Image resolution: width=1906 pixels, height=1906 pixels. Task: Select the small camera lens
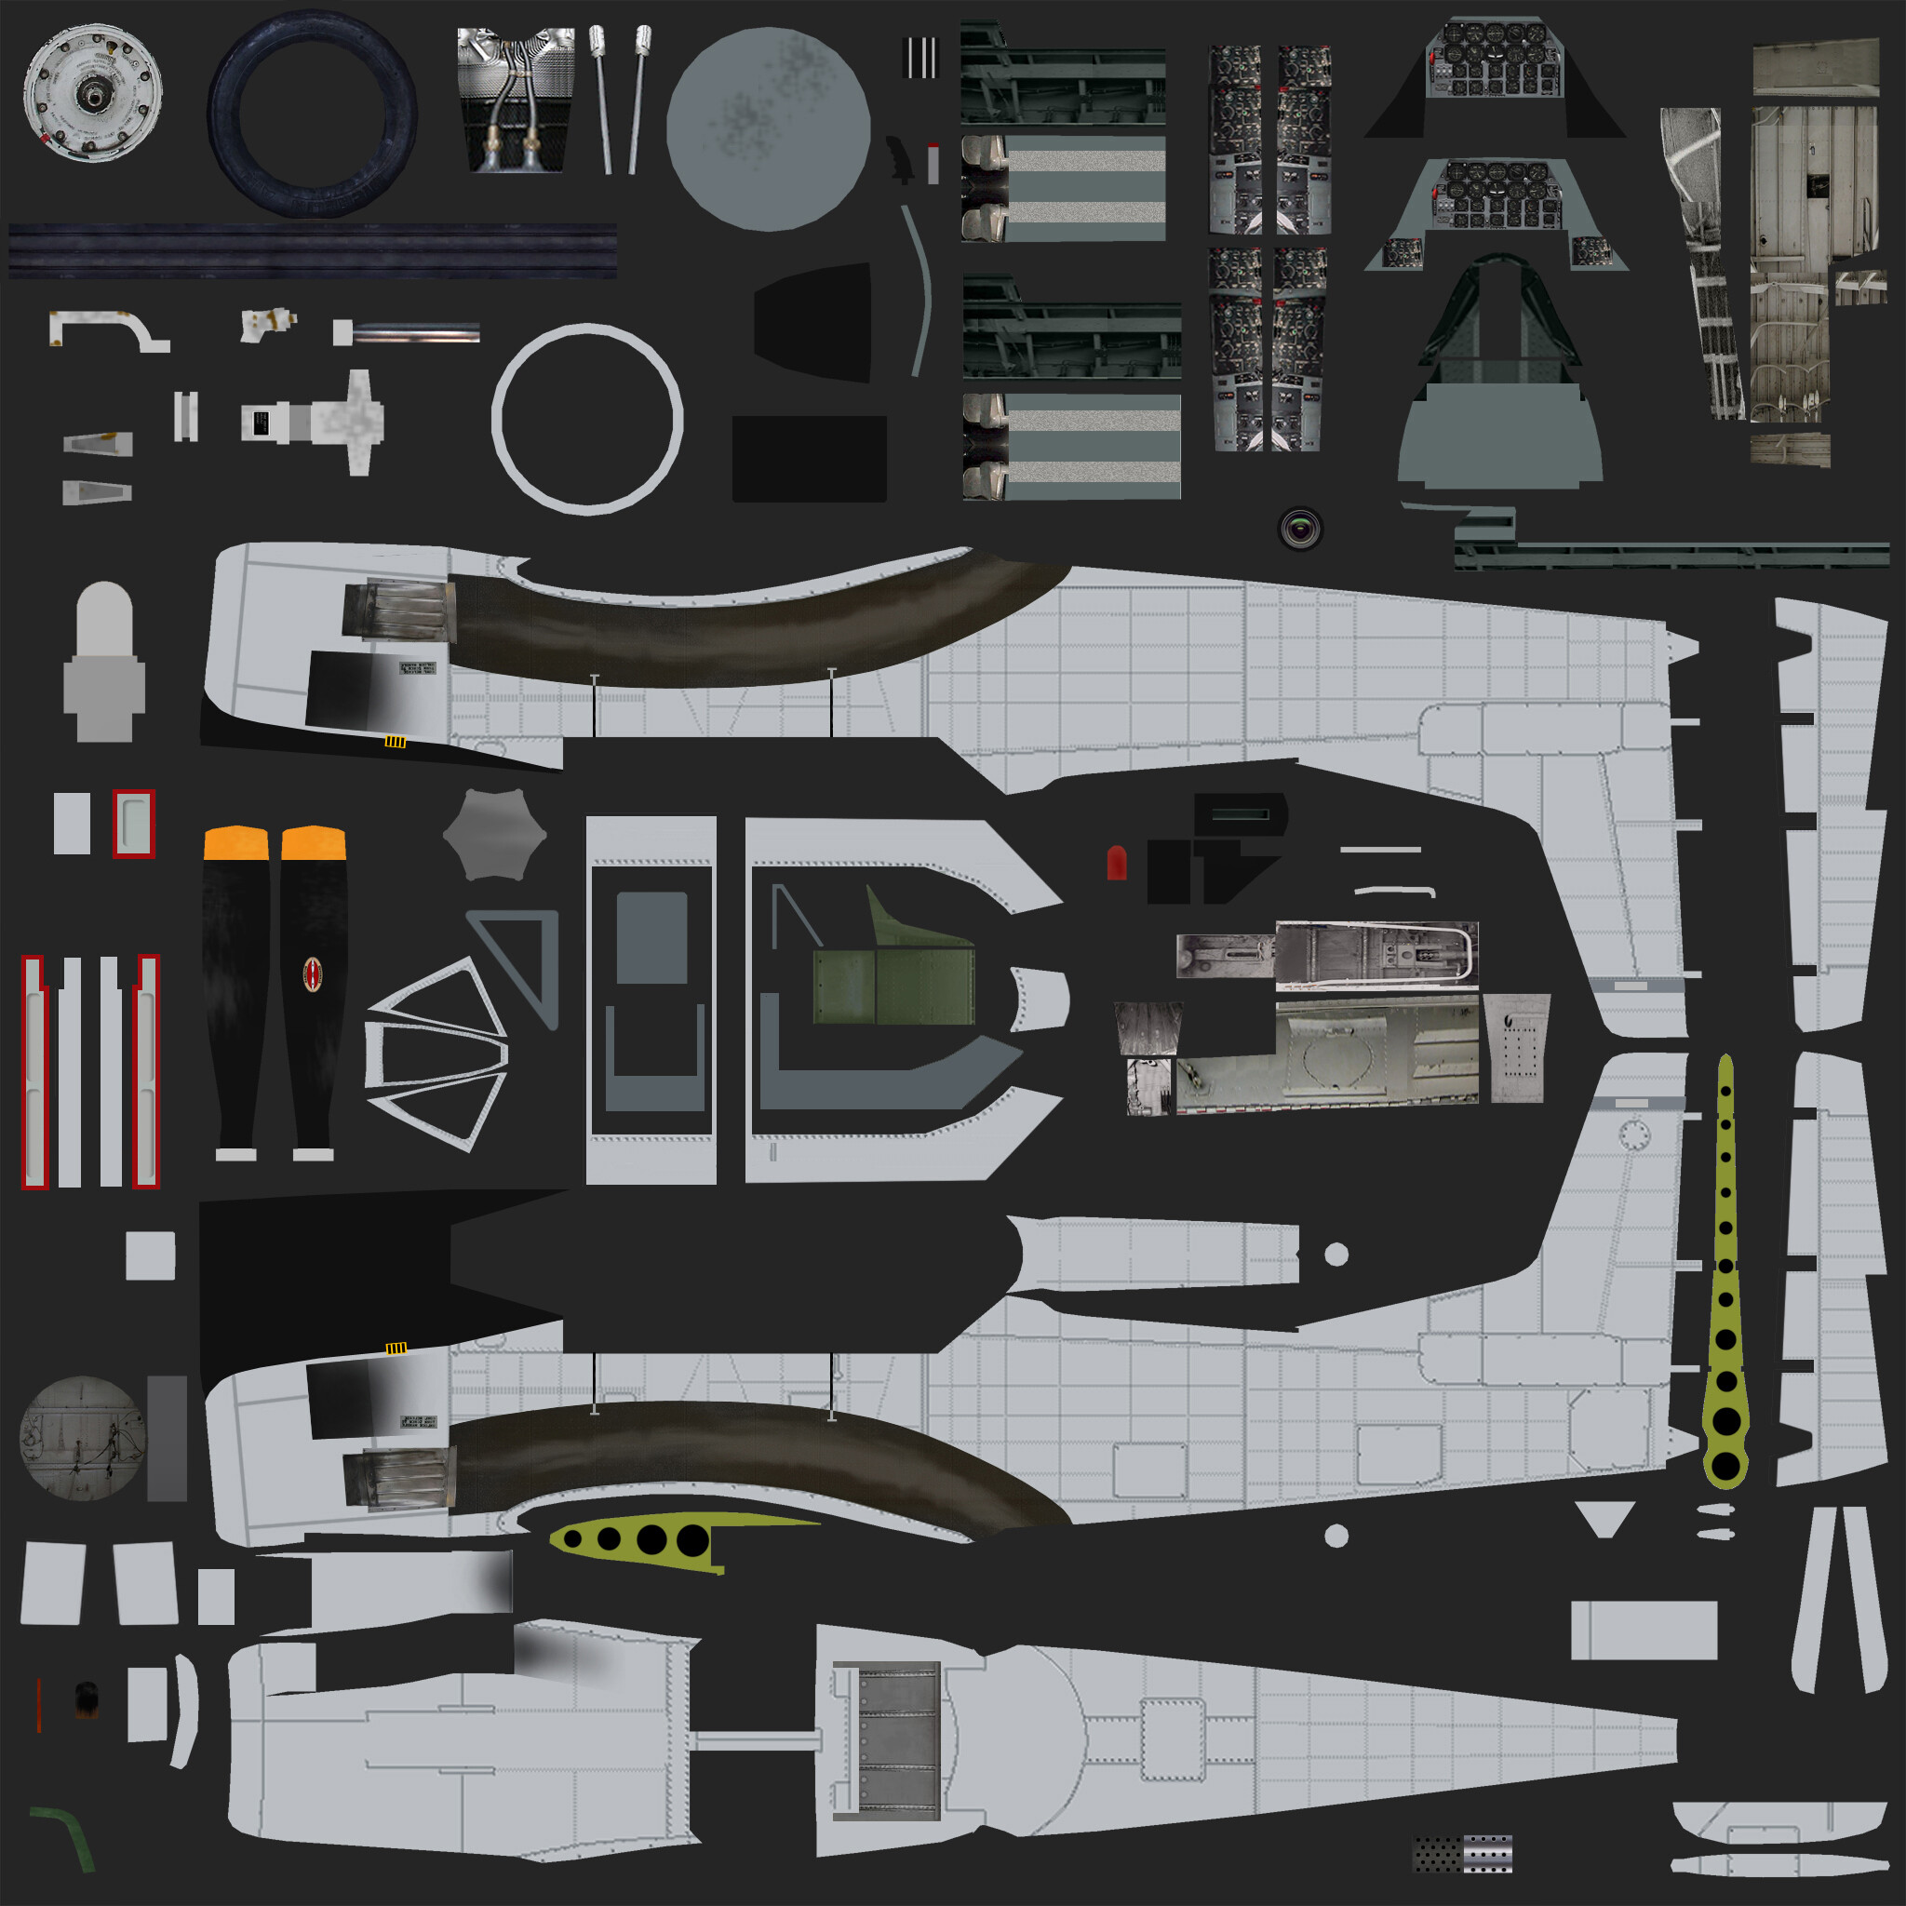pyautogui.click(x=1300, y=529)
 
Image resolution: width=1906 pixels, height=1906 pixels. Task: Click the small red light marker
pyautogui.click(x=1116, y=862)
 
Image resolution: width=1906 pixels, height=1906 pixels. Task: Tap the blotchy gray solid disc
pyautogui.click(x=768, y=128)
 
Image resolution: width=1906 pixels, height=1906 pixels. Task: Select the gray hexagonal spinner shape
pyautogui.click(x=494, y=835)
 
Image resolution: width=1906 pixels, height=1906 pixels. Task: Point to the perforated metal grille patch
pyautogui.click(x=1463, y=1854)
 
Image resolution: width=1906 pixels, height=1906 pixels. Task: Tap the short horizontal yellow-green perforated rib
pyautogui.click(x=641, y=1537)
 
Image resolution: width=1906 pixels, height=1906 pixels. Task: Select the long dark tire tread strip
pyautogui.click(x=312, y=250)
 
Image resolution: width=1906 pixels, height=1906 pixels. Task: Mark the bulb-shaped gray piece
pyautogui.click(x=103, y=661)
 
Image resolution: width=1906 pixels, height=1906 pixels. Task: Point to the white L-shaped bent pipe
pyautogui.click(x=109, y=328)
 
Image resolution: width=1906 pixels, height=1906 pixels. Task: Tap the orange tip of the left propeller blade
pyautogui.click(x=235, y=842)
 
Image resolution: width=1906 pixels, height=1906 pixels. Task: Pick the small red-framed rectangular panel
pyautogui.click(x=133, y=823)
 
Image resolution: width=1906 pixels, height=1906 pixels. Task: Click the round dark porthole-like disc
pyautogui.click(x=82, y=1439)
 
